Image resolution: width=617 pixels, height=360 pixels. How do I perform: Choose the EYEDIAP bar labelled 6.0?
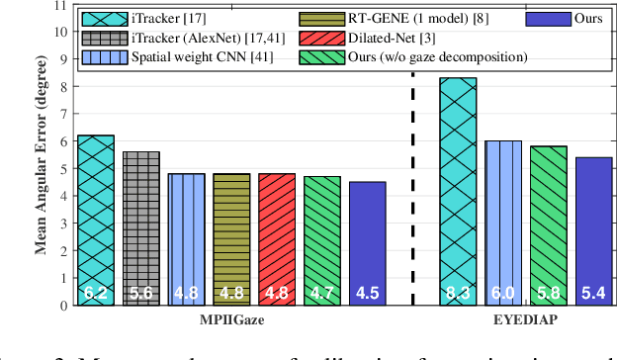click(503, 223)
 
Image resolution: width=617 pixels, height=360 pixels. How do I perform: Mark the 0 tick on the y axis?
click(63, 306)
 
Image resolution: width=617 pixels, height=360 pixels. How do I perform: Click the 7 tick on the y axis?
click(63, 114)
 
